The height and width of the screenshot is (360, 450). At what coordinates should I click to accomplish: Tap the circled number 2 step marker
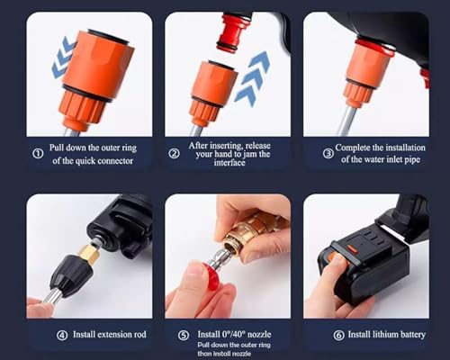tap(175, 153)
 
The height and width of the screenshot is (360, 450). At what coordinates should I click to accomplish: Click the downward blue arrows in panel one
tap(62, 58)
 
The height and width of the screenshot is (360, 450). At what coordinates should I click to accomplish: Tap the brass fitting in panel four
tap(89, 255)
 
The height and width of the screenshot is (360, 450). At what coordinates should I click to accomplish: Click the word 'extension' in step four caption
tap(98, 336)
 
